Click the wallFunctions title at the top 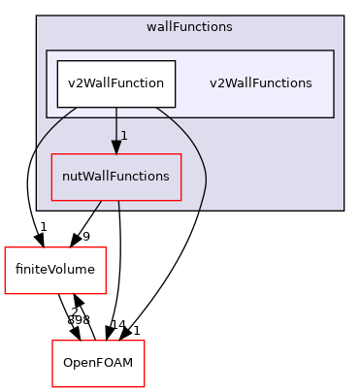[190, 27]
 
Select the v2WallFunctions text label [260, 83]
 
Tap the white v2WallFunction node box [115, 83]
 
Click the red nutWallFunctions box [115, 177]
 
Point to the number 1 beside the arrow [124, 135]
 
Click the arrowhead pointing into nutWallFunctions [115, 147]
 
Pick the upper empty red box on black [54, 270]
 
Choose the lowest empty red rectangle [98, 364]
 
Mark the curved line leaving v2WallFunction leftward [49, 126]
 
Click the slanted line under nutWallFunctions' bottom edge [97, 205]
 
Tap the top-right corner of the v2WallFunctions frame [334, 50]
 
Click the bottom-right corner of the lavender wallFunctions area [344, 210]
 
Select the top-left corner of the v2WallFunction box [57, 60]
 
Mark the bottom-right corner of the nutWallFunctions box [181, 200]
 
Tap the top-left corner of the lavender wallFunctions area [37, 16]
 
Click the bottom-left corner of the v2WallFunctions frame [47, 117]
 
